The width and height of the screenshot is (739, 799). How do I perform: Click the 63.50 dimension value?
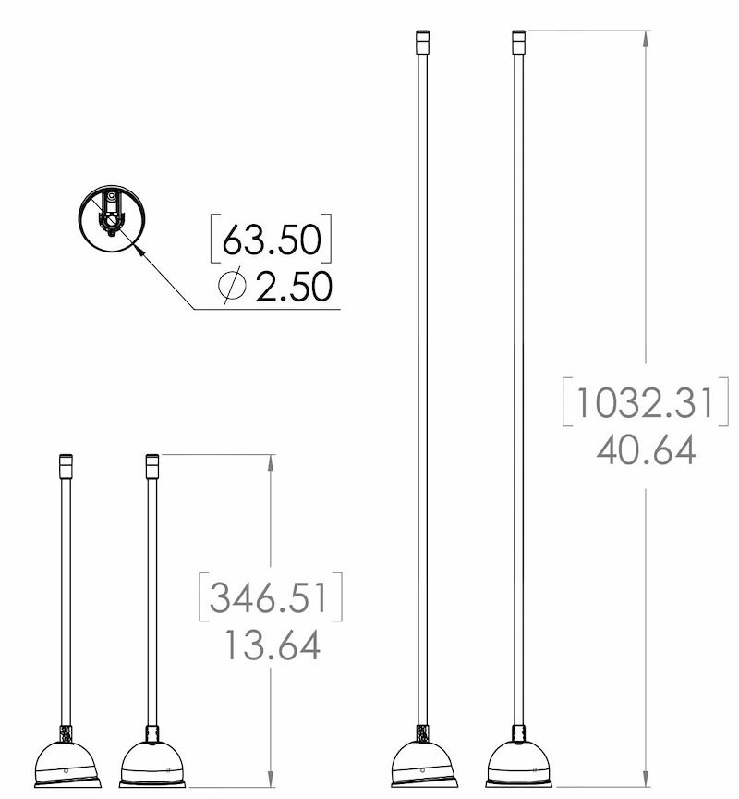(x=272, y=240)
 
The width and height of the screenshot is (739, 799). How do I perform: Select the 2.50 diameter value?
(x=294, y=287)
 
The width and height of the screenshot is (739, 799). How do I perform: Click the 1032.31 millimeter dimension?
(x=646, y=402)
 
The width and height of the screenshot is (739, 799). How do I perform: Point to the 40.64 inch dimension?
(x=646, y=450)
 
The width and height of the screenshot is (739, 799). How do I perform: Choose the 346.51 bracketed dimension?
(x=268, y=597)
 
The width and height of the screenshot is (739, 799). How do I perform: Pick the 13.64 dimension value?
(x=272, y=645)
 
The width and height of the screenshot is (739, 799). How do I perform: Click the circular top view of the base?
(x=112, y=218)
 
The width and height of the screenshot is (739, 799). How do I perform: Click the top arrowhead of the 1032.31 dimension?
(x=646, y=39)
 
